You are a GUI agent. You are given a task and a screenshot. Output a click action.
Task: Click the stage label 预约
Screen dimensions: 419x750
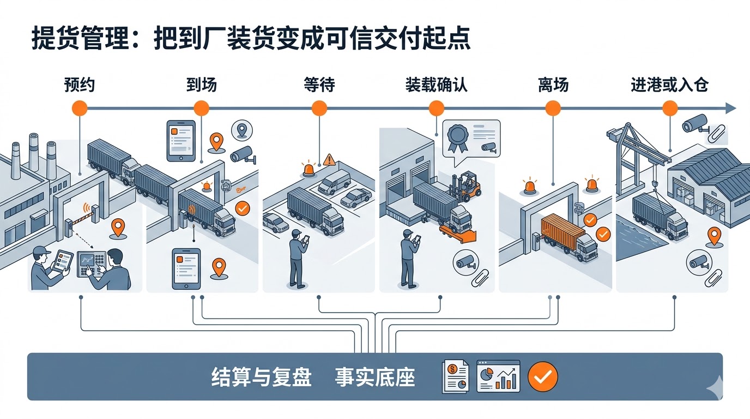[80, 85]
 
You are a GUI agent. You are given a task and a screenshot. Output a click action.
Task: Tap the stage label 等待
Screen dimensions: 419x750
[319, 85]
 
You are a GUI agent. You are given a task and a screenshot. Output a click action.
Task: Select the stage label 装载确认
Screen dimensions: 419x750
[436, 85]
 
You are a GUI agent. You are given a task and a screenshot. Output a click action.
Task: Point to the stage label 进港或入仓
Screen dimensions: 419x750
[669, 85]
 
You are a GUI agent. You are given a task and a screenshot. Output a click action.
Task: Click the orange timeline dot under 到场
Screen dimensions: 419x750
[201, 108]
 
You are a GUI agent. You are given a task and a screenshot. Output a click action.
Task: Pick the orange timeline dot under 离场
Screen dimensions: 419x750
[553, 108]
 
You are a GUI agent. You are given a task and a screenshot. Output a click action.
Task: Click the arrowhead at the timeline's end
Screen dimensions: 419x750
[730, 108]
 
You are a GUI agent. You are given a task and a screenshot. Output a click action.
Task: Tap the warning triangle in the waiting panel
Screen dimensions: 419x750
[329, 160]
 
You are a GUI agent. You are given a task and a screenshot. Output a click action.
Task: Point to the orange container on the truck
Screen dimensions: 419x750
[561, 229]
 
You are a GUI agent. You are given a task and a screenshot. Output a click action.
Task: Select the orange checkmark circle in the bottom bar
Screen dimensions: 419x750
[543, 376]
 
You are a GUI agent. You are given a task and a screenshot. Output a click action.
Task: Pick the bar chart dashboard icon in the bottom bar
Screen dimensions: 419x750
[498, 376]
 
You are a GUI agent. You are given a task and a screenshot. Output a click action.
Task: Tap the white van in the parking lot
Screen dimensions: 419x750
[334, 182]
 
